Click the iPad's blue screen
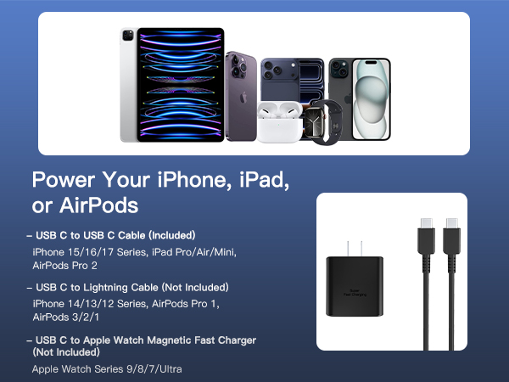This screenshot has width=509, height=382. pyautogui.click(x=181, y=85)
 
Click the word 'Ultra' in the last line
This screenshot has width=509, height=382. pyautogui.click(x=168, y=369)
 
